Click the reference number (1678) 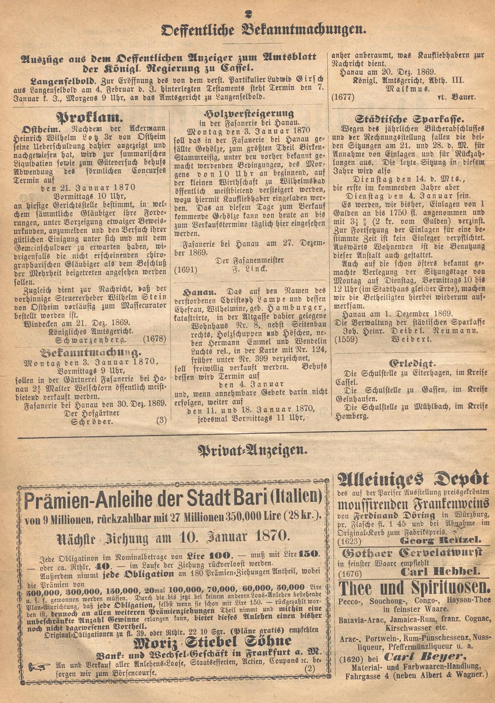[x=154, y=340]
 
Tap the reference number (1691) [x=185, y=270]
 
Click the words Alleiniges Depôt [x=413, y=479]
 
